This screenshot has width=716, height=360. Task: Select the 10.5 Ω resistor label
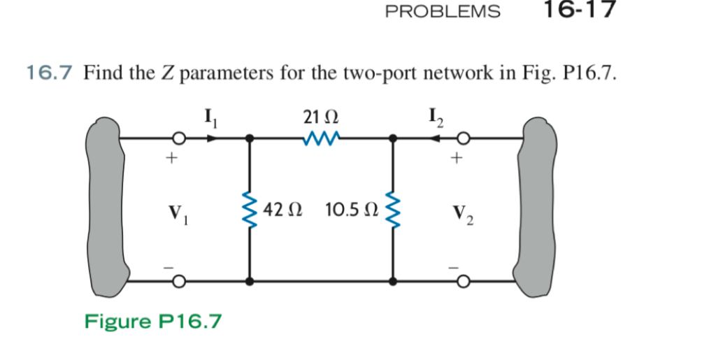[352, 210]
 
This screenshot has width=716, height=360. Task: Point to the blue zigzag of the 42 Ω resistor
[249, 210]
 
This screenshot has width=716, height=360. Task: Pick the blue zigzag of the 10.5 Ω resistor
[393, 210]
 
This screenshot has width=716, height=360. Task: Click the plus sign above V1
[169, 160]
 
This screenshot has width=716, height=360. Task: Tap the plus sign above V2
[457, 160]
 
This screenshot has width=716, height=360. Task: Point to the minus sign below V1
[169, 266]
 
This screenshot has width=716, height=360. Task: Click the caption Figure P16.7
[153, 321]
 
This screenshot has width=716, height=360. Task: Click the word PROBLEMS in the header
[443, 11]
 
